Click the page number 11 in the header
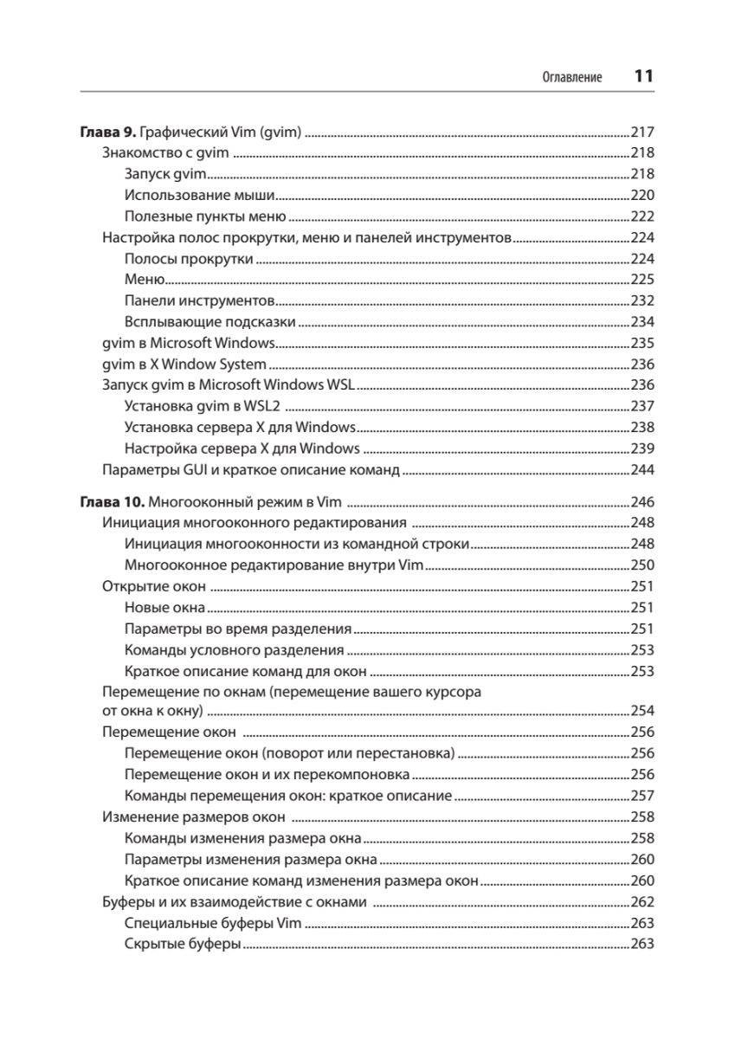(642, 76)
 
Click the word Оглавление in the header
(571, 78)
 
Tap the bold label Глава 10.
(112, 502)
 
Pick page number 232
(642, 300)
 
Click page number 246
(642, 502)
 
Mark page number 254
(642, 712)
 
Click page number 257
(642, 796)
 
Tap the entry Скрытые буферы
(182, 943)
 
